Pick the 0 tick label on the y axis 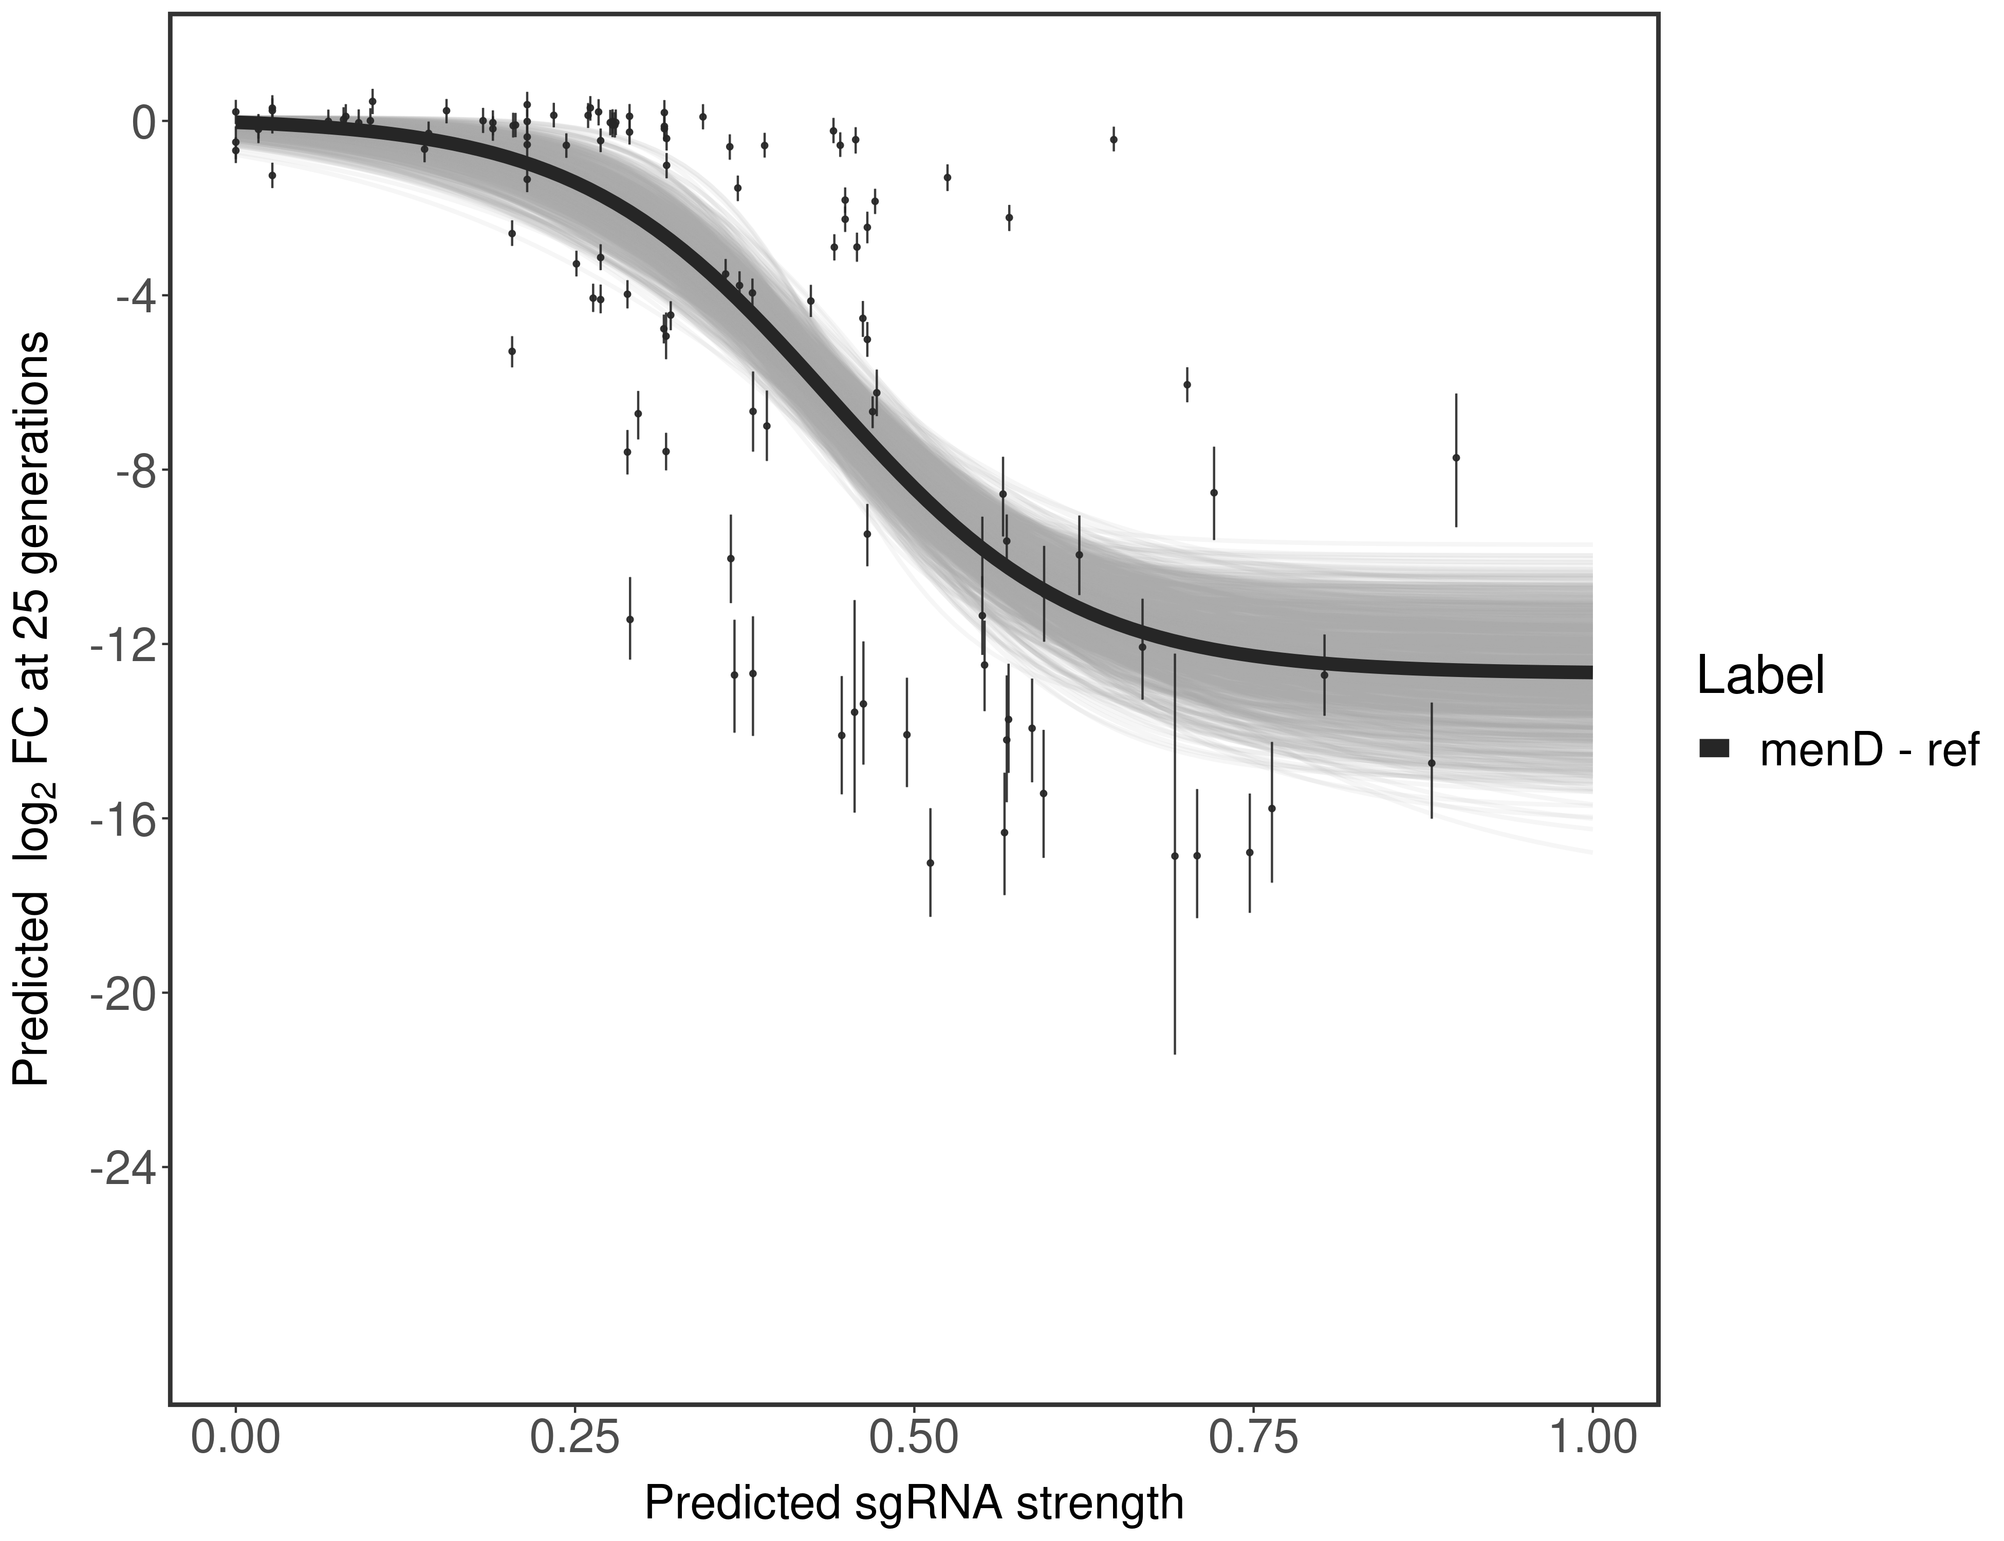coord(144,122)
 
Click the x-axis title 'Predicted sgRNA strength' coord(914,1505)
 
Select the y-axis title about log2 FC coord(32,708)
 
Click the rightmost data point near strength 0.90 coord(1455,458)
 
